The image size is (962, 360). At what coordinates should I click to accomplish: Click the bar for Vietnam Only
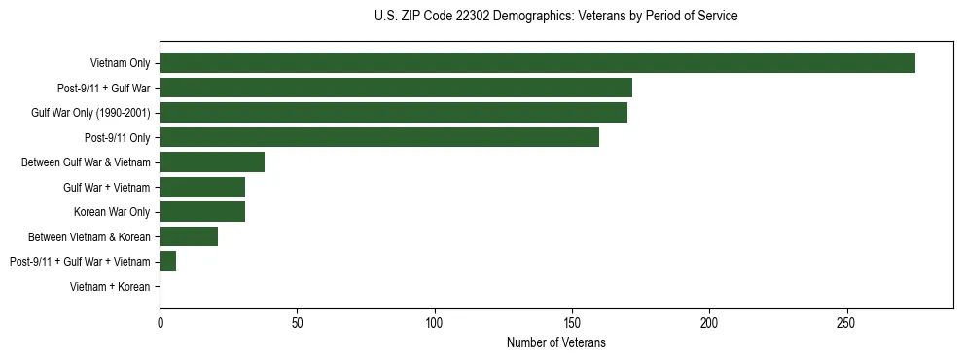(537, 63)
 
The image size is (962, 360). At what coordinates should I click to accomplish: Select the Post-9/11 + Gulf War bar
(396, 89)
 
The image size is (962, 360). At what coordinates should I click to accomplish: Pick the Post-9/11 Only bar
(379, 137)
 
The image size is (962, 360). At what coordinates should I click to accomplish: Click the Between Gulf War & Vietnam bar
(212, 162)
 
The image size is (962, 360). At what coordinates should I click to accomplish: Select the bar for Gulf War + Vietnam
(202, 187)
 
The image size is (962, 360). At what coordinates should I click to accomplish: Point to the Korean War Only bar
(202, 212)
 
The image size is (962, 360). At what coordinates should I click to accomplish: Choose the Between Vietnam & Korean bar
(189, 236)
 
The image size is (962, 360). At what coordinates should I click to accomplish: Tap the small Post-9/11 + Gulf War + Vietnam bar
(168, 261)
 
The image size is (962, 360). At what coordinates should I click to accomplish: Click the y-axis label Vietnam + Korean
(110, 287)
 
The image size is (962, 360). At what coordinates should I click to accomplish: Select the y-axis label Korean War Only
(112, 212)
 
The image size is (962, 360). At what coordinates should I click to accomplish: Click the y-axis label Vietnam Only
(120, 63)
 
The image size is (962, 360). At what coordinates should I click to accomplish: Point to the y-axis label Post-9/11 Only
(117, 138)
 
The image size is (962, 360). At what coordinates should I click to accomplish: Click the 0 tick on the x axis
(160, 323)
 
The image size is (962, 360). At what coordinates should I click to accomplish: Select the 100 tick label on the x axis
(435, 323)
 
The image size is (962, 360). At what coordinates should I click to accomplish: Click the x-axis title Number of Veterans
(556, 342)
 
